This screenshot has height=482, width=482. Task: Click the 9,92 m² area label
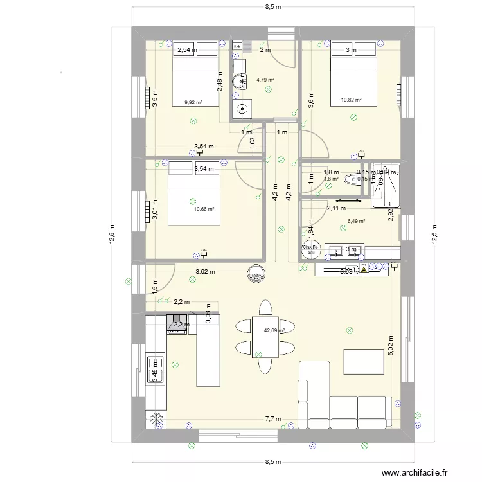(x=193, y=102)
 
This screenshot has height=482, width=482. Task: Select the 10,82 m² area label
(x=351, y=100)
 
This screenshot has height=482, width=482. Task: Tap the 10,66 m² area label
(x=204, y=209)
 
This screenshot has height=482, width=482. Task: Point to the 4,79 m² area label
(x=265, y=80)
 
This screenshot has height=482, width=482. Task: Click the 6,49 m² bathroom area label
(x=356, y=221)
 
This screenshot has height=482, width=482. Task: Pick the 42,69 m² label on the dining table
(x=274, y=330)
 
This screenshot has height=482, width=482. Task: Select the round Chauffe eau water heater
(x=310, y=249)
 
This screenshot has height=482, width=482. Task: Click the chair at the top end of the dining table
(x=264, y=307)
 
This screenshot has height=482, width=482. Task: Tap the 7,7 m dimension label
(x=273, y=418)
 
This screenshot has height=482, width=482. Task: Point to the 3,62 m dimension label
(x=206, y=272)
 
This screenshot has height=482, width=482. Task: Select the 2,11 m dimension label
(x=336, y=208)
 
